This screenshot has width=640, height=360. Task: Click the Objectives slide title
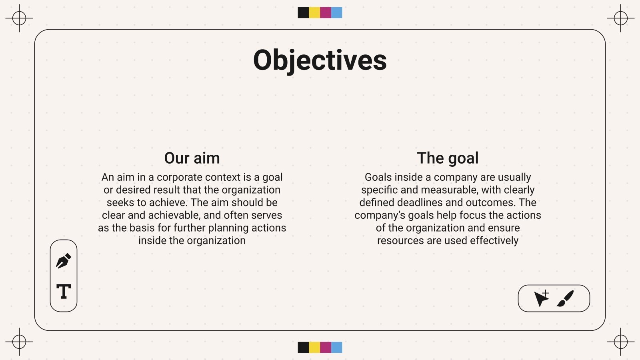(x=320, y=60)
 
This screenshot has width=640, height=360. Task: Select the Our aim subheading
(x=192, y=158)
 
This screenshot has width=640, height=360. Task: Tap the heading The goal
(x=448, y=158)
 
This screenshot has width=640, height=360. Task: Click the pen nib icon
(x=64, y=261)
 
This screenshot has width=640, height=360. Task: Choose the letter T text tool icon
(x=64, y=291)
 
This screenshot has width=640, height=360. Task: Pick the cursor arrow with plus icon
(x=542, y=298)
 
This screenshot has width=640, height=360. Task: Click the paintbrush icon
(x=566, y=298)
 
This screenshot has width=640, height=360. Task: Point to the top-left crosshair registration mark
(x=19, y=18)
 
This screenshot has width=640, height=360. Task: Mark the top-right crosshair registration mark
(x=620, y=18)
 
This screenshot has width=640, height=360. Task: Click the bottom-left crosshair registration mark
(x=19, y=342)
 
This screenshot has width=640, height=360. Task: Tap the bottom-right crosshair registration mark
(x=620, y=342)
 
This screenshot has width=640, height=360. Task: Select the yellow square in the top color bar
(x=314, y=12)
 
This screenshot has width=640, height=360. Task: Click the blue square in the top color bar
(x=337, y=12)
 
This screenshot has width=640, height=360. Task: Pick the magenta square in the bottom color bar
(x=326, y=347)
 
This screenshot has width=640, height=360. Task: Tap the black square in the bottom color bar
(x=303, y=347)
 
